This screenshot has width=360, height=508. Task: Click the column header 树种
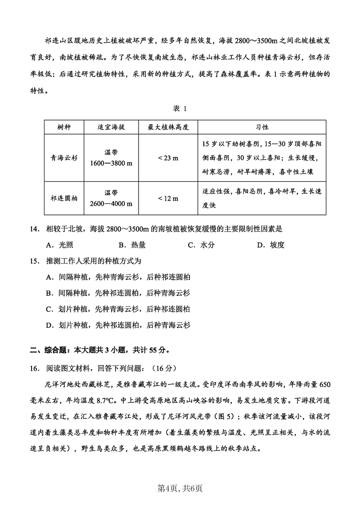[x=64, y=127]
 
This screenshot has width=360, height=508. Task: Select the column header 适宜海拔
[x=111, y=127]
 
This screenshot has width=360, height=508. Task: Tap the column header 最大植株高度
[x=168, y=127]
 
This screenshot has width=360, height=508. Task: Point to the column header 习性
[x=262, y=127]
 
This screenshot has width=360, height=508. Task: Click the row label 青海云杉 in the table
[x=64, y=158]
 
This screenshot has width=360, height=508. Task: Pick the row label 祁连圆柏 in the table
[x=64, y=198]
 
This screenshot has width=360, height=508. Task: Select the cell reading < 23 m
[x=168, y=158]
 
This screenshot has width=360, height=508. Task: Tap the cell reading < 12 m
[x=168, y=198]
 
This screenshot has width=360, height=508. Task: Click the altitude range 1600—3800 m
[x=111, y=163]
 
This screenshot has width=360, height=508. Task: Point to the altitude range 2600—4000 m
[x=111, y=203]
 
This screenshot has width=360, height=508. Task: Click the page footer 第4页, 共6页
[x=180, y=486]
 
